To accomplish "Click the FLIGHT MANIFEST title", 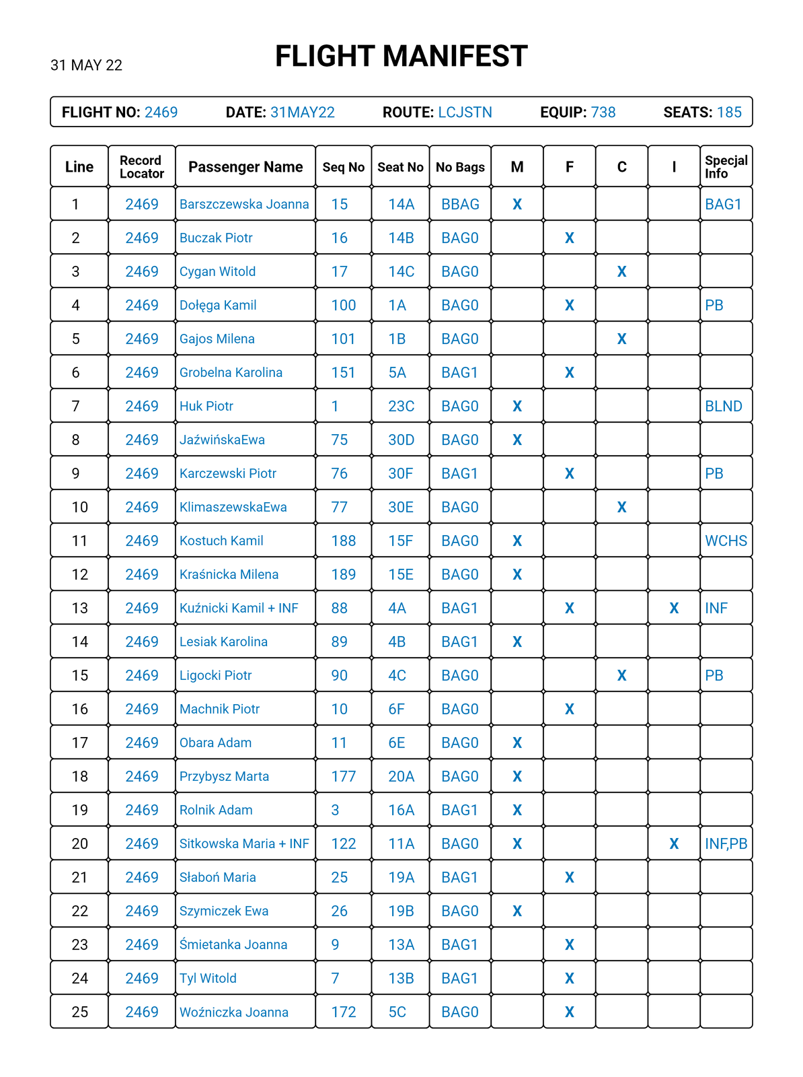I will (x=401, y=57).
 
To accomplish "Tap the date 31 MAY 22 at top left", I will (x=86, y=65).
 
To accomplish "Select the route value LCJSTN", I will (x=465, y=112).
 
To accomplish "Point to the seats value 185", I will (x=729, y=112).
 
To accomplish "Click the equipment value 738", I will (x=603, y=112).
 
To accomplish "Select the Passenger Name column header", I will (x=245, y=167).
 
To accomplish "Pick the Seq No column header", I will (x=343, y=167).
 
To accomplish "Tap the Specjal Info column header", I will (x=726, y=167).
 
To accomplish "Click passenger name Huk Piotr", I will (x=206, y=406).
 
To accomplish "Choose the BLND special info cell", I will (x=724, y=406).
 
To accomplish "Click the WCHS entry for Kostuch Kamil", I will (x=726, y=541).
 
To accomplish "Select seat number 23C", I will (x=401, y=406).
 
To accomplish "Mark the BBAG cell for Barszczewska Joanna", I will (x=460, y=204).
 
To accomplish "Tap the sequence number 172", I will (x=343, y=1012).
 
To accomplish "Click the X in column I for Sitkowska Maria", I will (x=674, y=843).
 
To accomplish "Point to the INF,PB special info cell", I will (x=726, y=843).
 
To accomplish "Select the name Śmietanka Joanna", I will (x=233, y=944).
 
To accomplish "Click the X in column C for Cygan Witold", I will (x=621, y=271).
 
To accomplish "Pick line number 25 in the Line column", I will (x=79, y=1012).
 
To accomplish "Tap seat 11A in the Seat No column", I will (x=401, y=843).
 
